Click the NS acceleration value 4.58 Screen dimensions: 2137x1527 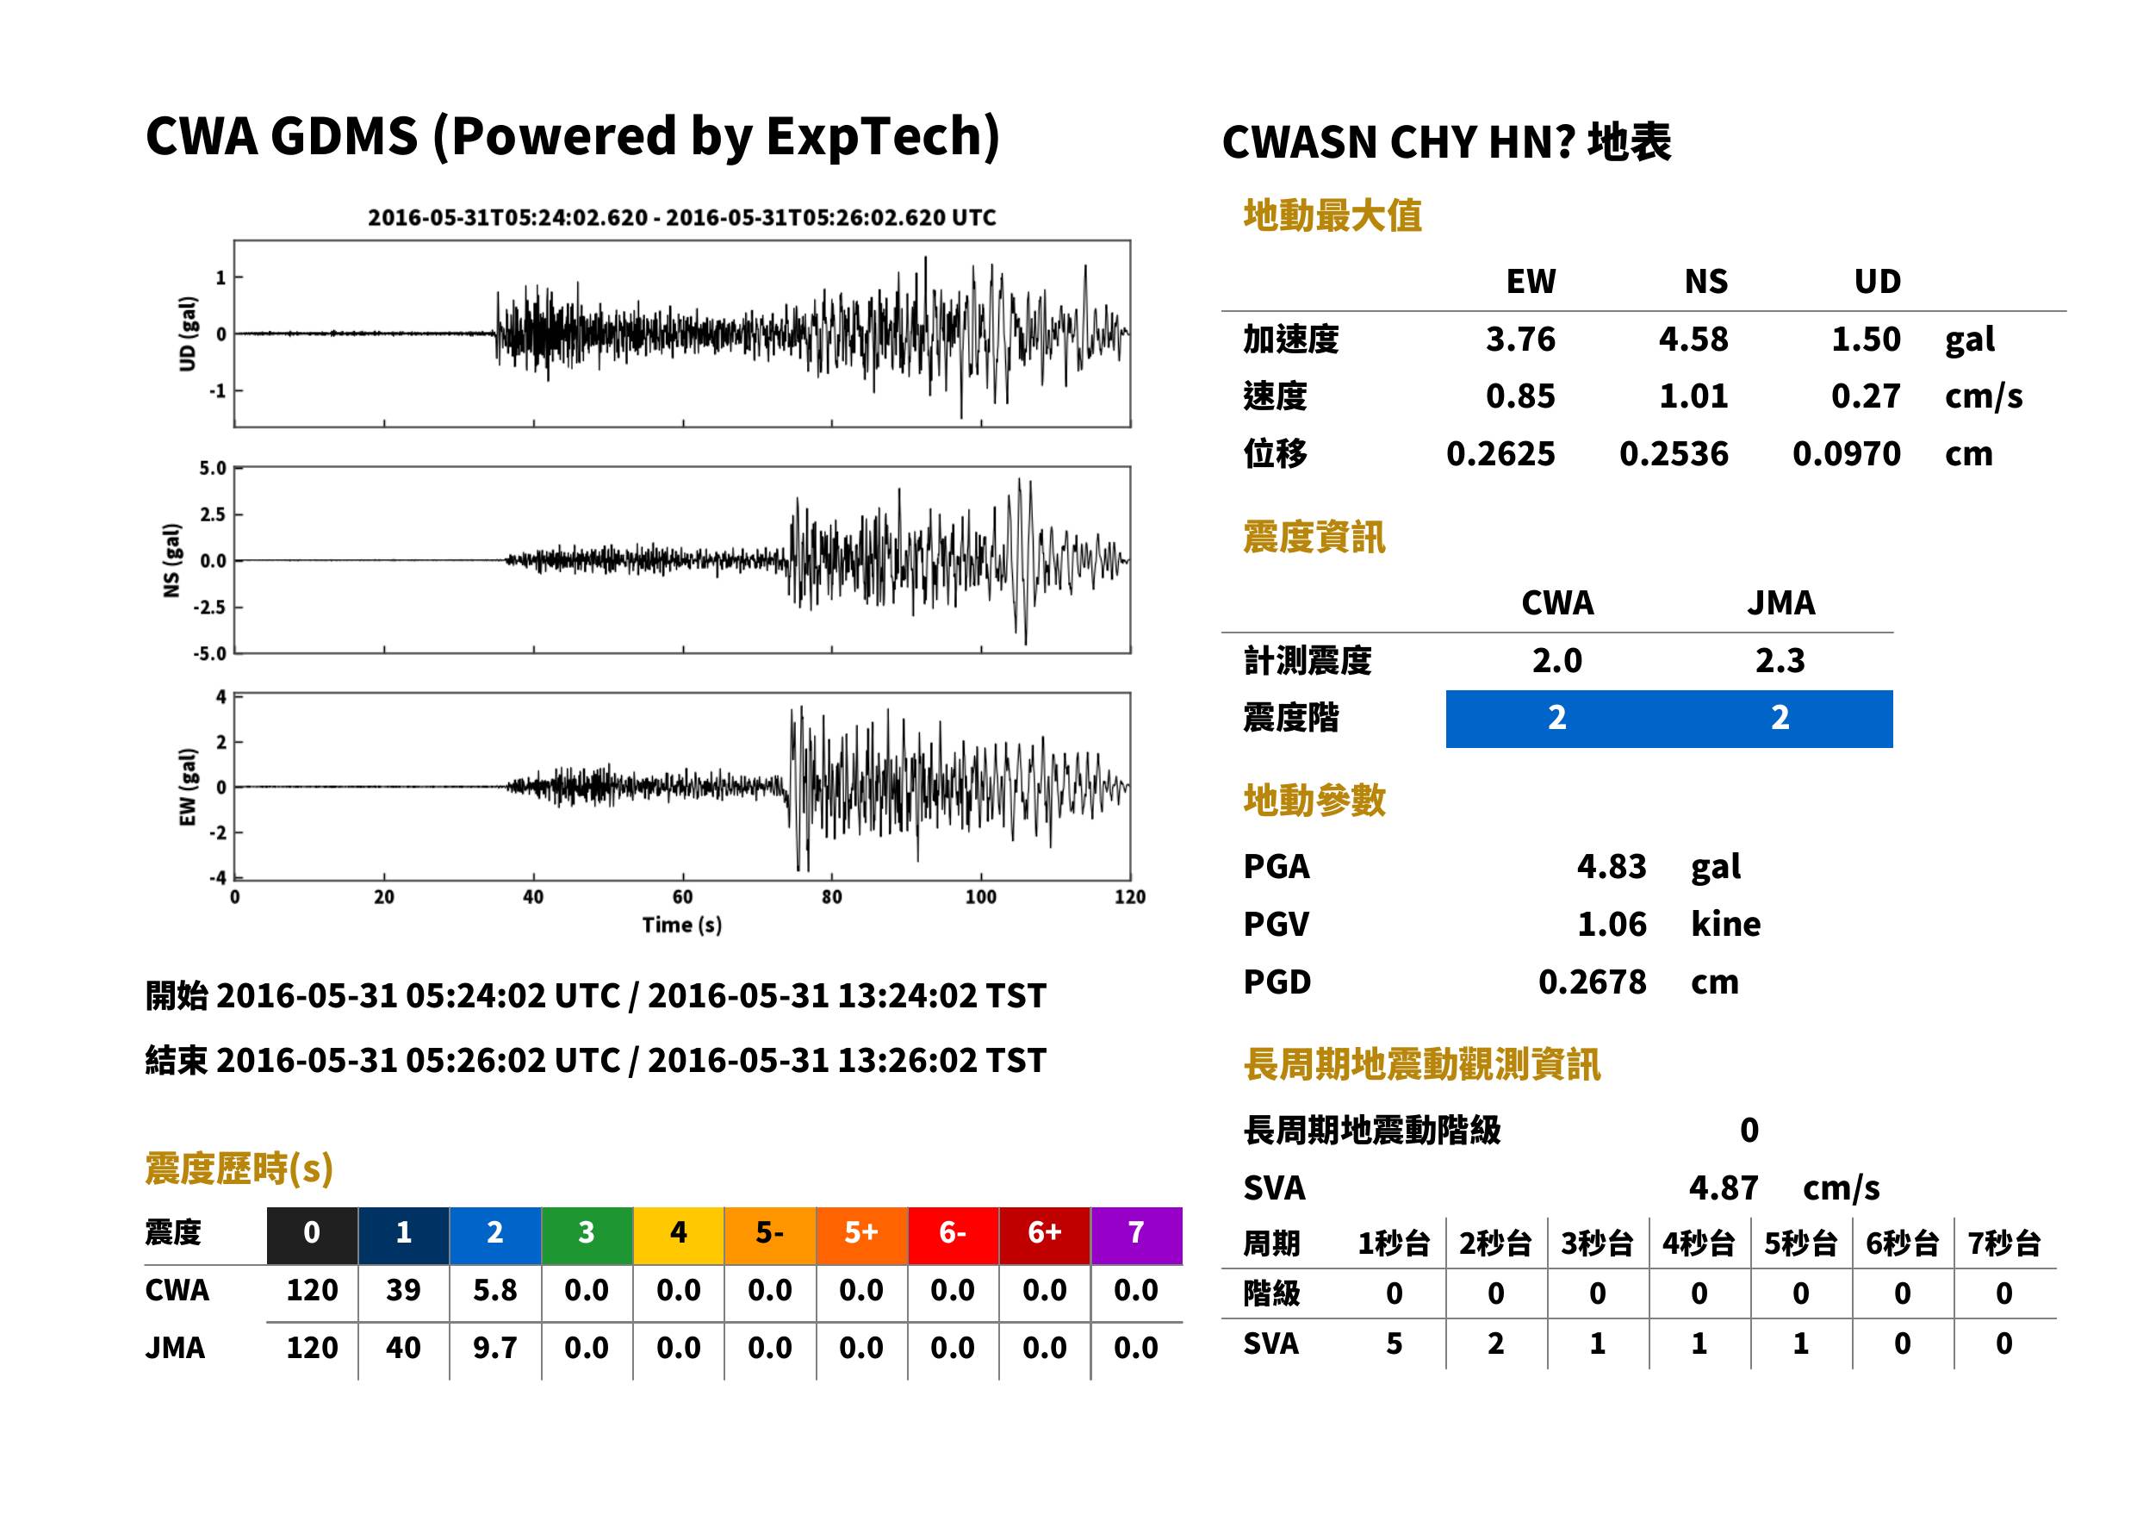coord(1693,339)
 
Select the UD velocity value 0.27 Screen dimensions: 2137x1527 coord(1866,396)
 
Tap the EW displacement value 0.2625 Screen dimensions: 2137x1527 coord(1500,453)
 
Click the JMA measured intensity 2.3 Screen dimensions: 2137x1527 coord(1780,660)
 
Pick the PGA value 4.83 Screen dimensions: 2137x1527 coord(1612,866)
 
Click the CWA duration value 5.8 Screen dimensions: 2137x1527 coord(495,1290)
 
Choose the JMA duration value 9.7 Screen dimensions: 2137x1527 coord(495,1349)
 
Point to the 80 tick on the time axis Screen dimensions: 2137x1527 coord(832,897)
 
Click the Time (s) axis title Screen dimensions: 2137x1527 coord(682,926)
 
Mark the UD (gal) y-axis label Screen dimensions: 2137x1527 coord(188,333)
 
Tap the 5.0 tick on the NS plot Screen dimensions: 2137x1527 coord(214,468)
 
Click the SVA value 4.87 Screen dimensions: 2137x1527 coord(1724,1187)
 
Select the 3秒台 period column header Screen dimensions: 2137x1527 coord(1597,1244)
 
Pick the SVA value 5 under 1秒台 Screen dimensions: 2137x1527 coord(1394,1343)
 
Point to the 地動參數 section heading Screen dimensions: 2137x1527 coord(1314,801)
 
